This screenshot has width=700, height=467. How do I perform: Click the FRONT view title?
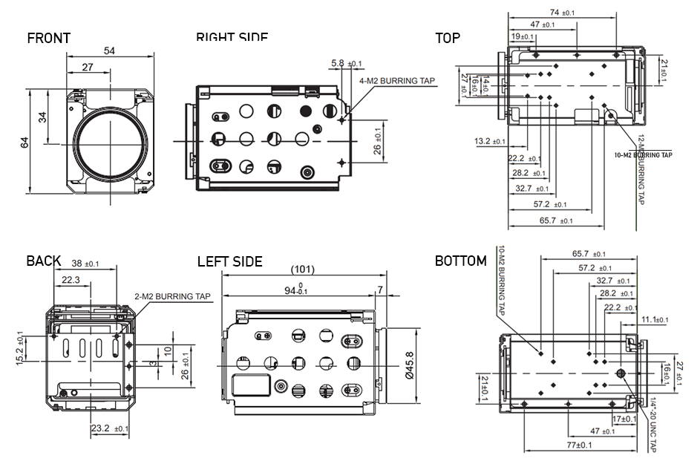[49, 39]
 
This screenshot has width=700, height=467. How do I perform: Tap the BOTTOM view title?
[460, 261]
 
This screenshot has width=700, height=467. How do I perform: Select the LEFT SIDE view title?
[229, 261]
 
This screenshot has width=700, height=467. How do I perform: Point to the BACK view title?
[44, 261]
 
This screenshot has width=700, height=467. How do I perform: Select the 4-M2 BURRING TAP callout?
[397, 81]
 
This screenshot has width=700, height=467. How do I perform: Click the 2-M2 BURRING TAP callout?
[172, 296]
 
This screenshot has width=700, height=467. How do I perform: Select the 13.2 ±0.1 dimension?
[489, 141]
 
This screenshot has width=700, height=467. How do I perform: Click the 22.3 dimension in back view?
[72, 279]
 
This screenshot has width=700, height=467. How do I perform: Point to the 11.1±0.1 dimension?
[654, 320]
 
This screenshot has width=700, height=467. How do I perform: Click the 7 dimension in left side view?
[381, 289]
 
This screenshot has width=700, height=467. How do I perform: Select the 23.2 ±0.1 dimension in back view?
[109, 428]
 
